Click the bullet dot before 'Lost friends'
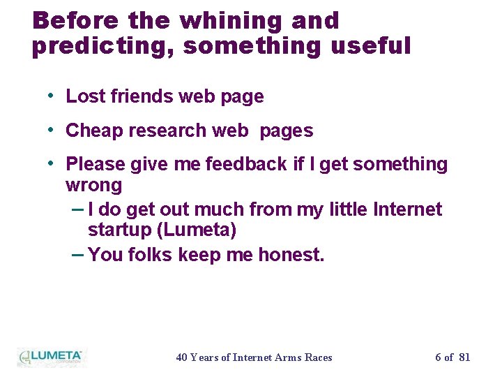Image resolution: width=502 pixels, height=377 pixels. click(x=52, y=96)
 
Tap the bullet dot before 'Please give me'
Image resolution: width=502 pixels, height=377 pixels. click(x=52, y=163)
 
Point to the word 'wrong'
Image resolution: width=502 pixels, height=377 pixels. click(x=93, y=186)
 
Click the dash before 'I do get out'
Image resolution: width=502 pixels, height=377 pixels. click(x=78, y=209)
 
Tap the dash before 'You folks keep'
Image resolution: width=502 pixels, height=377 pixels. click(x=78, y=254)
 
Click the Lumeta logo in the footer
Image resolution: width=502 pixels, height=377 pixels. click(x=50, y=357)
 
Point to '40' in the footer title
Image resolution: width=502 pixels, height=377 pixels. click(x=182, y=357)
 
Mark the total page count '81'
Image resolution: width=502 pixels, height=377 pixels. click(x=464, y=357)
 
